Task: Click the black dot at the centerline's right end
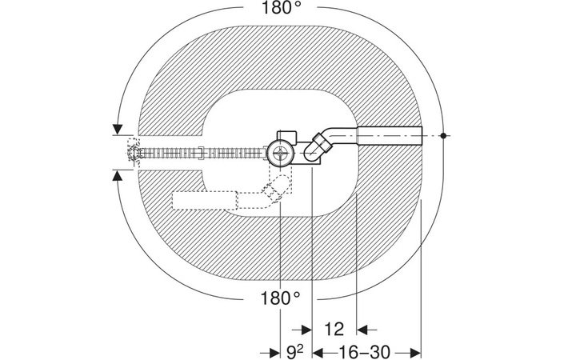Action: point(442,136)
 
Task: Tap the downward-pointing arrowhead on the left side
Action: point(118,128)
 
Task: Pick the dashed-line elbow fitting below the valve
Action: point(274,192)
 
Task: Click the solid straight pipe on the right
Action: point(387,136)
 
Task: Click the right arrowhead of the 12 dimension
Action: point(362,329)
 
